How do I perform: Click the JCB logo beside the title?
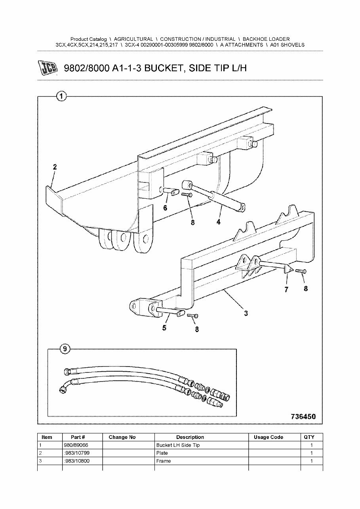[x=48, y=68]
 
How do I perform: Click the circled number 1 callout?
[x=61, y=96]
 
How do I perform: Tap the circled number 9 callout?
[x=65, y=349]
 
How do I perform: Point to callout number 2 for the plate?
[x=55, y=167]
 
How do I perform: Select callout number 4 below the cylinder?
[x=218, y=222]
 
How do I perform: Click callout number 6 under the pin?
[x=165, y=208]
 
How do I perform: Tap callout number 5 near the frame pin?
[x=164, y=328]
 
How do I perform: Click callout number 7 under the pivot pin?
[x=286, y=290]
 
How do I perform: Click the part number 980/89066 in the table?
[x=76, y=445]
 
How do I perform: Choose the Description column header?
[x=190, y=437]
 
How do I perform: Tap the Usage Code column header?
[x=268, y=437]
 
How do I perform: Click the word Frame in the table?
[x=164, y=461]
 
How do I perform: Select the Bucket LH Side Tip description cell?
[x=178, y=445]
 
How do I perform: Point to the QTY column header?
[x=309, y=437]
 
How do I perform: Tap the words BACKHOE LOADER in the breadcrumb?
[x=266, y=39]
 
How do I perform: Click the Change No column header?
[x=122, y=437]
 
